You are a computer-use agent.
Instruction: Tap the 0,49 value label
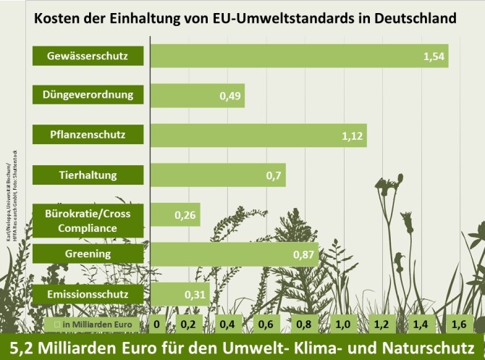(230, 96)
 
